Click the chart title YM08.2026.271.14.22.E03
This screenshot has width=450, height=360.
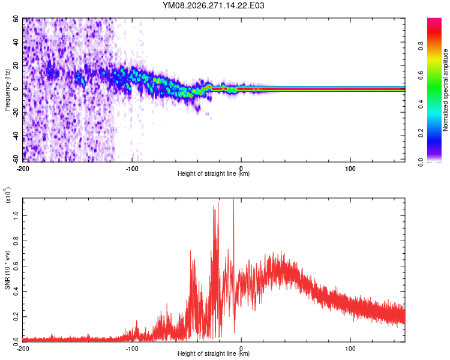point(213,5)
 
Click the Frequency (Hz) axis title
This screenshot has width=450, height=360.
point(7,90)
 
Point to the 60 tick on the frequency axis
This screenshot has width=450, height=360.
point(16,19)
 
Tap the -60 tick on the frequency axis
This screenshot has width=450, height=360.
point(16,158)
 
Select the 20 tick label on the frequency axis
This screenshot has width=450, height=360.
point(16,66)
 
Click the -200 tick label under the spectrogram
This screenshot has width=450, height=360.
point(23,169)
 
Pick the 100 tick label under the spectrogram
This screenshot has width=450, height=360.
point(350,169)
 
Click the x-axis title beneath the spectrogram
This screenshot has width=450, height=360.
point(214,173)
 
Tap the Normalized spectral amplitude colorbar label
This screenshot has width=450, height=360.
point(445,90)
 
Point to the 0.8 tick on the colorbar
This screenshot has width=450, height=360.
point(421,46)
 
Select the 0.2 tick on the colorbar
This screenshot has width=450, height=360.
point(421,133)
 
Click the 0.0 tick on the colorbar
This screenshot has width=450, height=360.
point(421,162)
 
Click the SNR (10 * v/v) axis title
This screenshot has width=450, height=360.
point(7,270)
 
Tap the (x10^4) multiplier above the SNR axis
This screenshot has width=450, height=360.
point(8,195)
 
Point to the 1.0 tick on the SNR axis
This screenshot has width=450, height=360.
point(16,215)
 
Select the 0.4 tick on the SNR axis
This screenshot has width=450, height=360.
point(16,292)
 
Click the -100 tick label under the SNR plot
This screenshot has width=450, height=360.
point(132,349)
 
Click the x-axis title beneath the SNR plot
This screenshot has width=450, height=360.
point(214,353)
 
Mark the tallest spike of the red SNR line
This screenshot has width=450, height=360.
point(233,199)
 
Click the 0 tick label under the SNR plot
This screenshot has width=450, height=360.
point(241,349)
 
